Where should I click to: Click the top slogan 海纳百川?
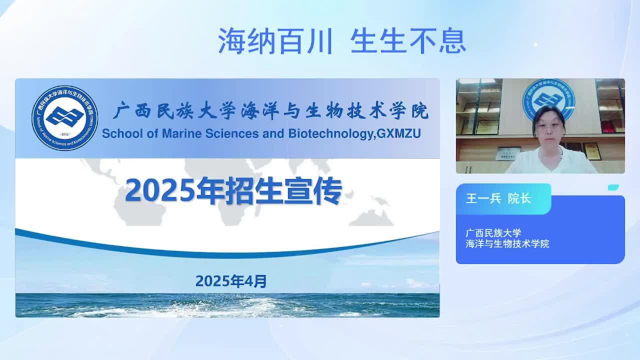pyautogui.click(x=275, y=41)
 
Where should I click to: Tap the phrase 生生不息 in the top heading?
pyautogui.click(x=408, y=41)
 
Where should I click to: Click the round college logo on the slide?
pyautogui.click(x=65, y=117)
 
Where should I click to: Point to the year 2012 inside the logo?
pyautogui.click(x=65, y=134)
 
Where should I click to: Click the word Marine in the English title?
pyautogui.click(x=181, y=133)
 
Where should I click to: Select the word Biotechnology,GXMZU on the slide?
pyautogui.click(x=354, y=134)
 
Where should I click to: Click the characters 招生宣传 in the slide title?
pyautogui.click(x=283, y=190)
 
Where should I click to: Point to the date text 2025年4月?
pyautogui.click(x=231, y=281)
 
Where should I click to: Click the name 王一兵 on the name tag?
pyautogui.click(x=483, y=198)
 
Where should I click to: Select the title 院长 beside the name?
pyautogui.click(x=519, y=198)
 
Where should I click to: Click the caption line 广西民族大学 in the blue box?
pyautogui.click(x=493, y=233)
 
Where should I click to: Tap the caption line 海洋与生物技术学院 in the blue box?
pyautogui.click(x=507, y=243)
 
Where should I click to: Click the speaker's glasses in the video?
pyautogui.click(x=548, y=125)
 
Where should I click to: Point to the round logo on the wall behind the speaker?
pyautogui.click(x=549, y=100)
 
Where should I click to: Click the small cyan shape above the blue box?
pyautogui.click(x=613, y=187)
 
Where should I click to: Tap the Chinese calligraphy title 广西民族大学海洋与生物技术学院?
pyautogui.click(x=271, y=110)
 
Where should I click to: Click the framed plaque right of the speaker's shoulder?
pyautogui.click(x=592, y=151)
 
